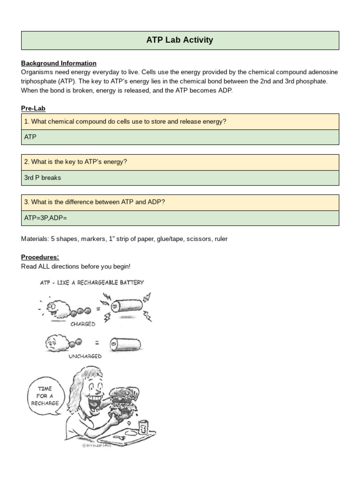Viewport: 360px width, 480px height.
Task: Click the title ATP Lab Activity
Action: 180,40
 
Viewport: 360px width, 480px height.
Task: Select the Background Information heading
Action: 59,63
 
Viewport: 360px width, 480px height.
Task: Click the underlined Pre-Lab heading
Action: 33,108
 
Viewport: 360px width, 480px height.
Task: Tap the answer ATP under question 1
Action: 30,137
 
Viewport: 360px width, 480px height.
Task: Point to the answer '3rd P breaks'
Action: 42,178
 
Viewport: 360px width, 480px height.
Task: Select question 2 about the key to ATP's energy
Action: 75,162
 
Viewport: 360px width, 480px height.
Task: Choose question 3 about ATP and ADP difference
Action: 94,202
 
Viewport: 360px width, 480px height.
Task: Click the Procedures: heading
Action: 40,257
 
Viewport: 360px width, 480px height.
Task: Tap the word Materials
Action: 34,239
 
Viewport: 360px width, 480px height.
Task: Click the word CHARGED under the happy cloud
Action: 83,324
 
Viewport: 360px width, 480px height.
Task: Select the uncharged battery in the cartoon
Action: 127,345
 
